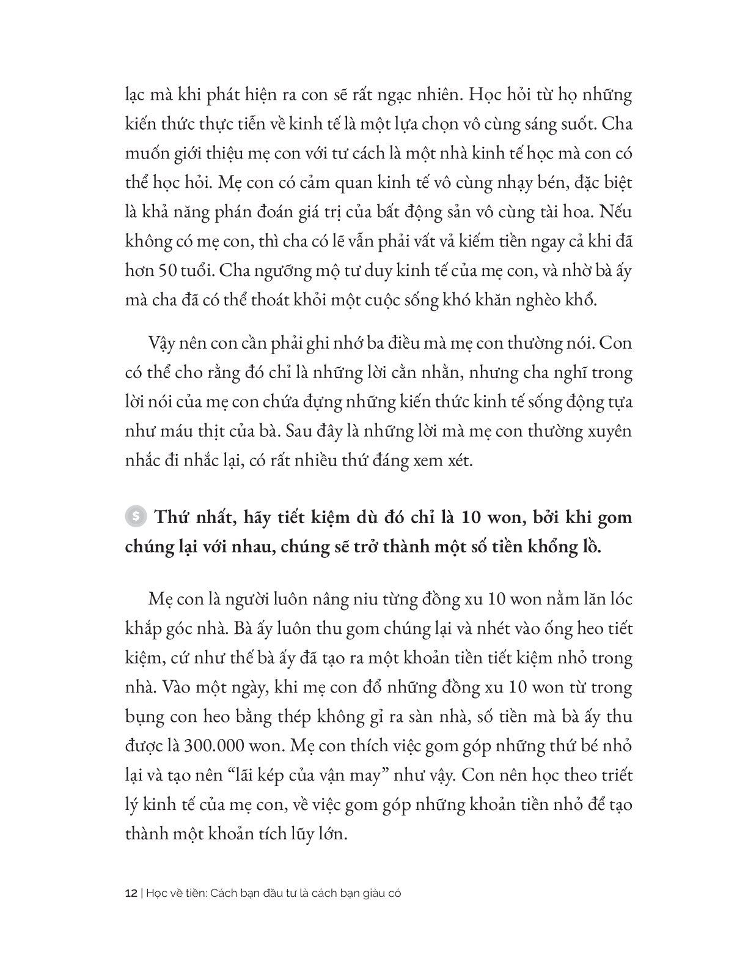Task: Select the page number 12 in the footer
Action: coord(130,893)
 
